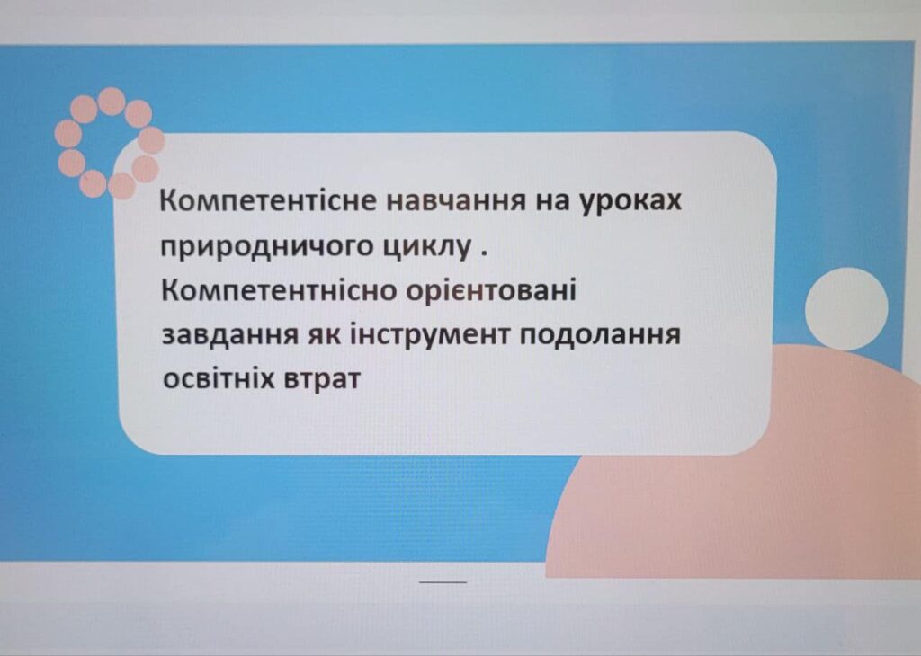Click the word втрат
click(x=321, y=379)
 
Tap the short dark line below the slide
click(x=443, y=582)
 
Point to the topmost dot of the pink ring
click(x=111, y=101)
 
